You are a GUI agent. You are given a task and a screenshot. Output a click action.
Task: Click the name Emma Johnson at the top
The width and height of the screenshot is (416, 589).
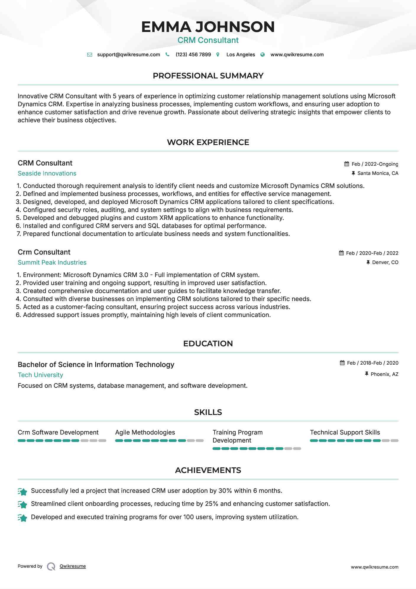tap(208, 27)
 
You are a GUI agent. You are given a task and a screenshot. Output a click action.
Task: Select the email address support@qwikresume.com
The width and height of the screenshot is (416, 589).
tap(128, 55)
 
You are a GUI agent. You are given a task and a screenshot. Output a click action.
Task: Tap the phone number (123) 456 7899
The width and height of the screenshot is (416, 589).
tap(193, 55)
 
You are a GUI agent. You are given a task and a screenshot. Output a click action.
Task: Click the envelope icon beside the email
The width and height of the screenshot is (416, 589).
tap(90, 55)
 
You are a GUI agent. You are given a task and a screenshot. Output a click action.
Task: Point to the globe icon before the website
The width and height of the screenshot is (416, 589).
tap(263, 55)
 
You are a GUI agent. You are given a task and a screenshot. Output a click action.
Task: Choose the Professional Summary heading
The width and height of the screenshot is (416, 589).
tap(208, 76)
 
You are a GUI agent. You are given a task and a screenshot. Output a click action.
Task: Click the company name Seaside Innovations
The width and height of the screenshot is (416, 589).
tap(47, 173)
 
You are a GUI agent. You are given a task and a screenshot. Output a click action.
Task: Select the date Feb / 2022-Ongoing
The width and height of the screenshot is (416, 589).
tap(375, 164)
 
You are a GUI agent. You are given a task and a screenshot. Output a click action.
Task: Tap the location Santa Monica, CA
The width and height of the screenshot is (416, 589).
tap(378, 173)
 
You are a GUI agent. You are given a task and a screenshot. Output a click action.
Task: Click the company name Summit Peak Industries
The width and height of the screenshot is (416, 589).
tap(52, 263)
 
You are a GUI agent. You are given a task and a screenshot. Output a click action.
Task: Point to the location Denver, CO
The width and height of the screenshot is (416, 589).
tap(385, 263)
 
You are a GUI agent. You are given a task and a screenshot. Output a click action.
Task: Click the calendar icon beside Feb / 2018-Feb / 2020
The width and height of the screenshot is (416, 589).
tap(342, 363)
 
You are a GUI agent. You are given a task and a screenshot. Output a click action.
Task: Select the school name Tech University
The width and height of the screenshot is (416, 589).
tap(41, 375)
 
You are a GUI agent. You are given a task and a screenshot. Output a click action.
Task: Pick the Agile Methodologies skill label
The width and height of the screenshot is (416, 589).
tap(145, 432)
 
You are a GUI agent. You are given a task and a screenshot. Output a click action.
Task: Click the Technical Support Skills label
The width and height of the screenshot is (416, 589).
tap(345, 432)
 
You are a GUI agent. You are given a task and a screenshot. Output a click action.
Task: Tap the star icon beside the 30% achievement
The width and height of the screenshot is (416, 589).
tap(22, 492)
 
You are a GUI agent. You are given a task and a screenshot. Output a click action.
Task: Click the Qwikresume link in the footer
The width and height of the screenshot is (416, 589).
tap(73, 566)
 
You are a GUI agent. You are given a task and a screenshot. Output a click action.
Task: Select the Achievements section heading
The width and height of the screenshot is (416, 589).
tap(208, 470)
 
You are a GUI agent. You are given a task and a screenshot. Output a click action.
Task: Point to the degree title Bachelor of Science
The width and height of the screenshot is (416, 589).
tap(96, 365)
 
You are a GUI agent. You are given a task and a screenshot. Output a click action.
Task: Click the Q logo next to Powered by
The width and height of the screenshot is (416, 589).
tap(51, 567)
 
